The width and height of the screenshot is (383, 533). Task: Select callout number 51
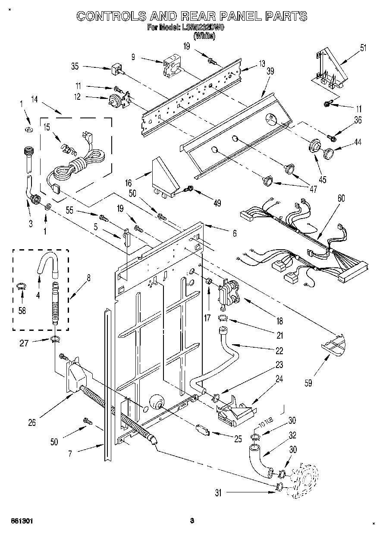click(363, 48)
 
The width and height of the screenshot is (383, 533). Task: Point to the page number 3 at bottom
click(192, 521)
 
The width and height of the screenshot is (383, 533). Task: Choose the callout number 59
click(308, 382)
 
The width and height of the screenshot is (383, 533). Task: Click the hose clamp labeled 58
click(21, 286)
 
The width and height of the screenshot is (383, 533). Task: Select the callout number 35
click(75, 67)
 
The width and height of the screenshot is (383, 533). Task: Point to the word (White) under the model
click(205, 36)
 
